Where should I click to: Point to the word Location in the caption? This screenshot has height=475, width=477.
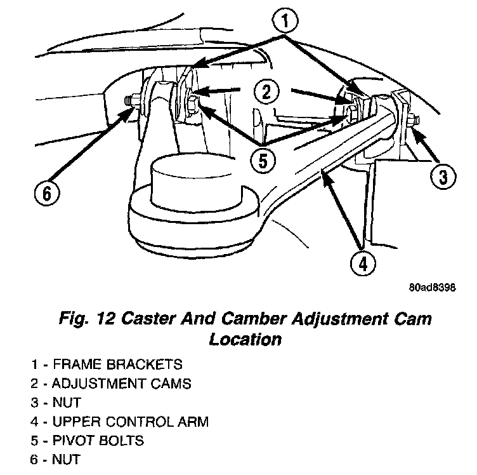click(245, 339)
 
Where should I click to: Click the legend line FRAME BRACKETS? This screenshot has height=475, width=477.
click(107, 365)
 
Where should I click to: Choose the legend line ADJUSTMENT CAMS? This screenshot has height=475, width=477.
click(111, 384)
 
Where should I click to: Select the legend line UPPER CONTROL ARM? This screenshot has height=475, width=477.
click(120, 421)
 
